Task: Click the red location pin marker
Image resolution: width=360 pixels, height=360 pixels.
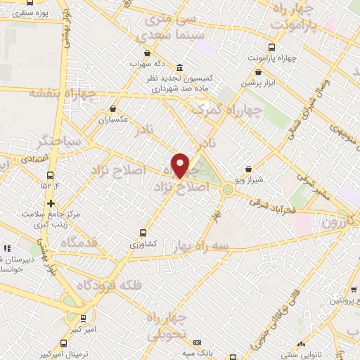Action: coord(181,165)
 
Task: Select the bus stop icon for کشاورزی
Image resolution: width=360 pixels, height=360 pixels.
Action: coord(143,232)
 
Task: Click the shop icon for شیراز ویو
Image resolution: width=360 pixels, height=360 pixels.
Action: coord(248,169)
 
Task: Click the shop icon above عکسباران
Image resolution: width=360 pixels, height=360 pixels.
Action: coord(113,108)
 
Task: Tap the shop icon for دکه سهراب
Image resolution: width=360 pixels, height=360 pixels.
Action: coord(146,53)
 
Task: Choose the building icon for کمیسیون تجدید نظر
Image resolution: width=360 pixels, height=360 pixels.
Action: coord(180,68)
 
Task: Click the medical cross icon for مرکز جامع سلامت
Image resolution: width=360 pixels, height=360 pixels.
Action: coord(51,202)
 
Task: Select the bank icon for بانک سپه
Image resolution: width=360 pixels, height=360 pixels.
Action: coord(197,342)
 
